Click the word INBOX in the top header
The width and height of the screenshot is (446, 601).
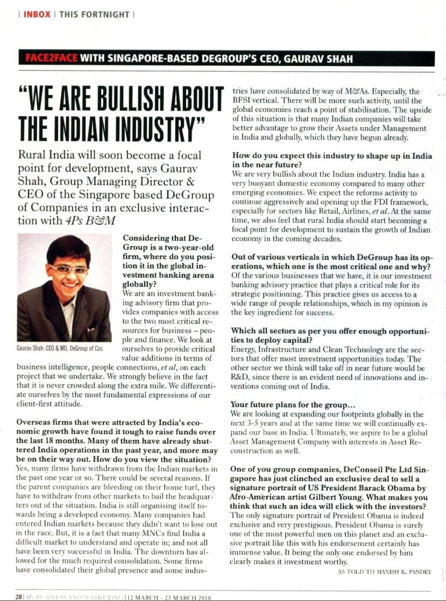[x=37, y=13]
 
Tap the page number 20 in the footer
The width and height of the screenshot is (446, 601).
[x=19, y=596]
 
